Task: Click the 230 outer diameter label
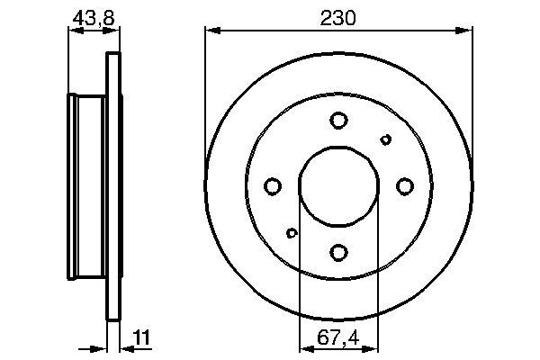338,17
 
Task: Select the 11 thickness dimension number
141,337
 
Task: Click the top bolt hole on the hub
338,120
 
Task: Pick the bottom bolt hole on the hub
338,252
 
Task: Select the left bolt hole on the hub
273,186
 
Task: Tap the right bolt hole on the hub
404,186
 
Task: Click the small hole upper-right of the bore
386,139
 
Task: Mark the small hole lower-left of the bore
291,233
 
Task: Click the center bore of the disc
338,186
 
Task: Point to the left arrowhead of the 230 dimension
211,32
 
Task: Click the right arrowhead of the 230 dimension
466,32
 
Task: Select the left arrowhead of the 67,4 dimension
303,346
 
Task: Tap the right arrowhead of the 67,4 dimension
373,346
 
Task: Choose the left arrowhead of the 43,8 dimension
74,32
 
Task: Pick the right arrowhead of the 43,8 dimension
114,32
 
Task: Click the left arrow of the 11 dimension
102,346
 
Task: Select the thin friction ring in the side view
113,186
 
